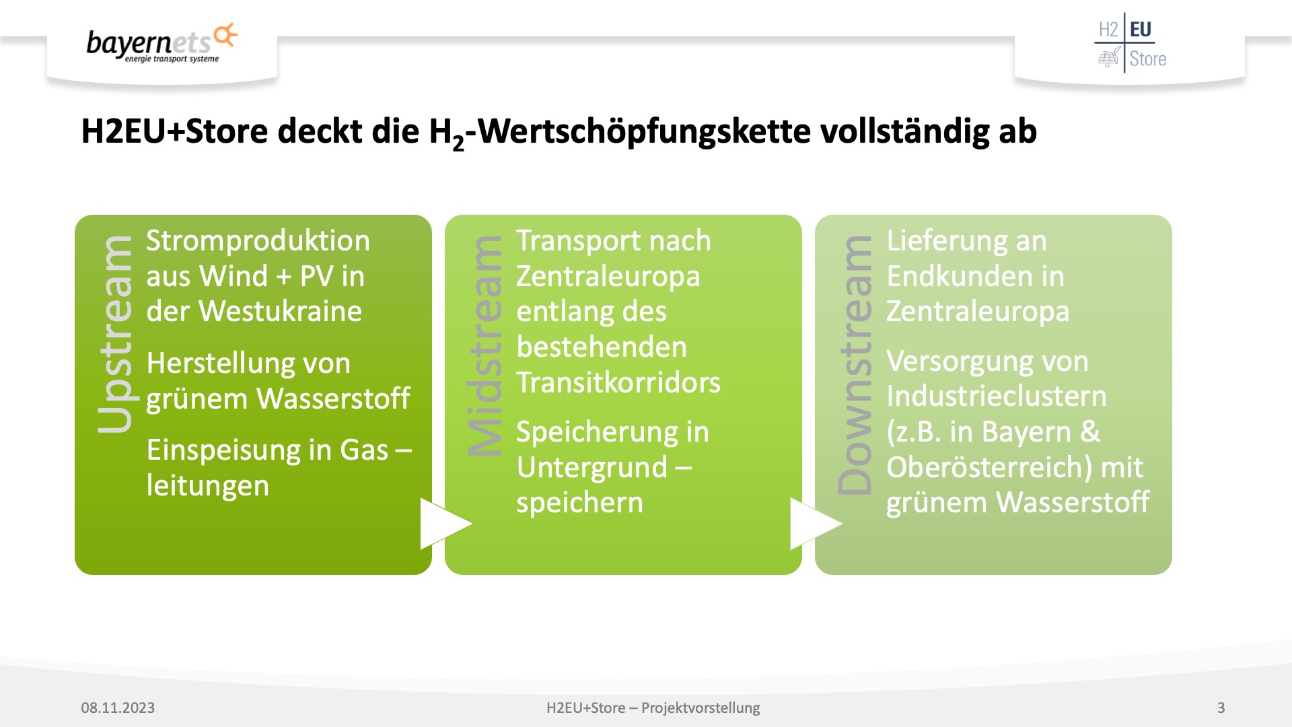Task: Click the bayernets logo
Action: point(162,43)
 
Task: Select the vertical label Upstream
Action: point(116,334)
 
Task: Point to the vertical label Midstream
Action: point(485,346)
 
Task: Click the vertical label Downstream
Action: point(855,365)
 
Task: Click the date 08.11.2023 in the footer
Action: point(118,707)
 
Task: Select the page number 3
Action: point(1221,707)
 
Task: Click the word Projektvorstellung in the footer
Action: point(701,708)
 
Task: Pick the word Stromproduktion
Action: point(258,241)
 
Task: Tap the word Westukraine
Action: point(280,311)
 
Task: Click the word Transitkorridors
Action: point(618,382)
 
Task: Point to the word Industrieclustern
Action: point(997,396)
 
